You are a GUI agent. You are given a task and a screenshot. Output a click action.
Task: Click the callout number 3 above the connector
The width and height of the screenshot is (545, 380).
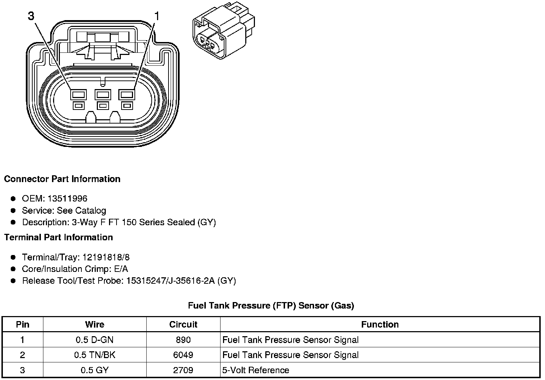(31, 16)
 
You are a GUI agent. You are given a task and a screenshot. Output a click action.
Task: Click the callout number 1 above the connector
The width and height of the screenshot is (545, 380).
(157, 16)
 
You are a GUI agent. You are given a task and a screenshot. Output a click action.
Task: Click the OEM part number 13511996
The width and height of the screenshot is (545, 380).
(67, 199)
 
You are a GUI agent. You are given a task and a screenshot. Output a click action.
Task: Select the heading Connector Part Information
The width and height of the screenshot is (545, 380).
(62, 179)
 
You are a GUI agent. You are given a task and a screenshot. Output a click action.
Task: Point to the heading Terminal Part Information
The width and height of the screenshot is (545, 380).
(58, 237)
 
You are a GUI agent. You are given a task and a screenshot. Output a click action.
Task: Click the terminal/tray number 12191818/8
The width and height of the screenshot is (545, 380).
(106, 257)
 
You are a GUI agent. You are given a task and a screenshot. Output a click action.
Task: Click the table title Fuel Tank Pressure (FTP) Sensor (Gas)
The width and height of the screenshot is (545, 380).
(271, 306)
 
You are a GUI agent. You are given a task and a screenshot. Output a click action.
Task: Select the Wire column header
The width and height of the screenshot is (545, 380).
(95, 324)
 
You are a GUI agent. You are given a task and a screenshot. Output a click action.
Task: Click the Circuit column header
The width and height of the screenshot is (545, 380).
(183, 324)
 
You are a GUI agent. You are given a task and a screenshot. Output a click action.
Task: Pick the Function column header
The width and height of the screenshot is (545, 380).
(380, 324)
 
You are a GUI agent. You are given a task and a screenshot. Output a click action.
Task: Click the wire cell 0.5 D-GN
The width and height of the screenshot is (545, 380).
(95, 340)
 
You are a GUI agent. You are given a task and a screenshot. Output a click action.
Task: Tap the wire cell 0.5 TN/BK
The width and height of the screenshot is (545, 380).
(95, 355)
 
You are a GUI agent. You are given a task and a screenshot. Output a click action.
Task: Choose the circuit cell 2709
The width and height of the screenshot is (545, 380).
(183, 370)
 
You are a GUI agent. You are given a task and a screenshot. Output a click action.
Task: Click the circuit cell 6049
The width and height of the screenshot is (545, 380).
(183, 355)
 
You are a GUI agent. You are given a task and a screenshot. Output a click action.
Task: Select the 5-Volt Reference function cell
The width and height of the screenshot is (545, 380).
(256, 370)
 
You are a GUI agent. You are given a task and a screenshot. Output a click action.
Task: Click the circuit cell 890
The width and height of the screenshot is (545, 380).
(183, 340)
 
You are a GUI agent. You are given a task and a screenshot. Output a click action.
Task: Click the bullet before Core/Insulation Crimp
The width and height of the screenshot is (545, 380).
(13, 269)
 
